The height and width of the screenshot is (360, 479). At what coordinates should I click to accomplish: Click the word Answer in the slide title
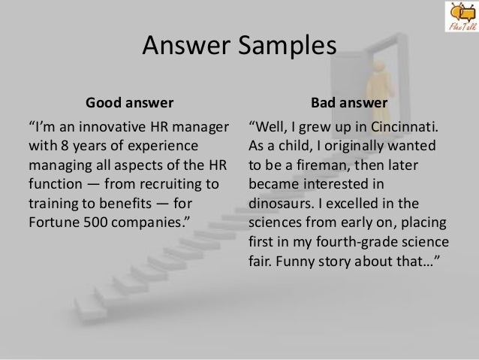click(x=186, y=45)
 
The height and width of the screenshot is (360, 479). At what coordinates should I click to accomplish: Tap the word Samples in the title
click(x=287, y=46)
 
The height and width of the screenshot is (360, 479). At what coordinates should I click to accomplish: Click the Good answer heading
click(x=130, y=102)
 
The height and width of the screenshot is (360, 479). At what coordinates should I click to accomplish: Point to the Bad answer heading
click(x=349, y=102)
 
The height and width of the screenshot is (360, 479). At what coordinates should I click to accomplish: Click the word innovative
click(x=112, y=126)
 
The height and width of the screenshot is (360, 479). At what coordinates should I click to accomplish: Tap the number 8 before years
click(x=65, y=146)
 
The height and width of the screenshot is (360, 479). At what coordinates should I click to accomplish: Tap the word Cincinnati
click(x=405, y=127)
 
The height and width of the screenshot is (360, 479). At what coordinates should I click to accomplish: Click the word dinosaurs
click(x=281, y=204)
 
